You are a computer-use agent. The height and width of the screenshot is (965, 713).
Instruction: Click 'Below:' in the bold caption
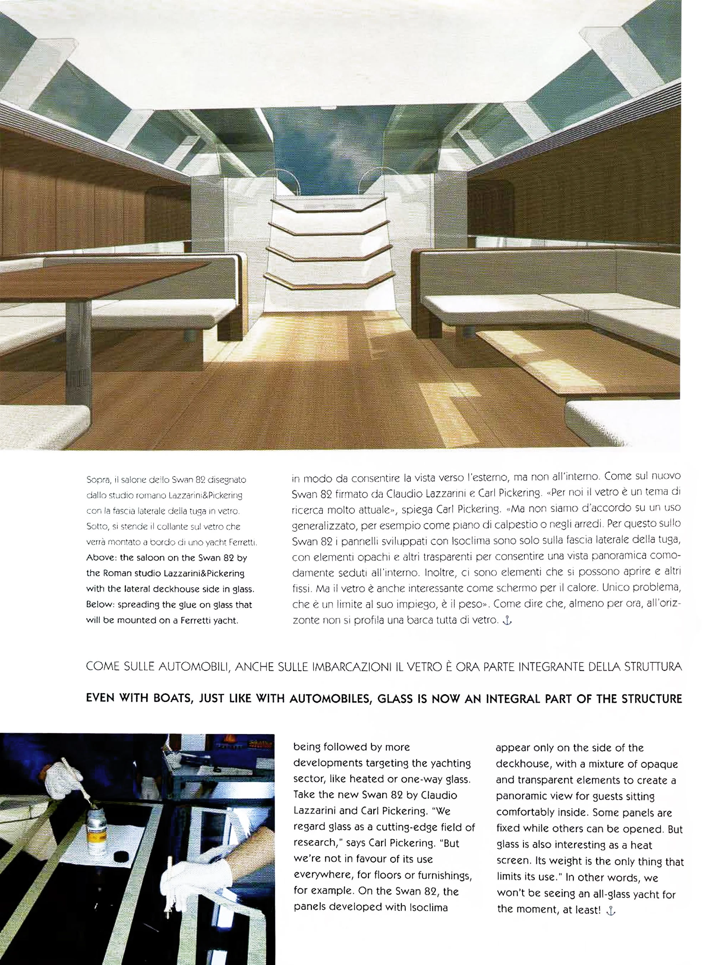[100, 605]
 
